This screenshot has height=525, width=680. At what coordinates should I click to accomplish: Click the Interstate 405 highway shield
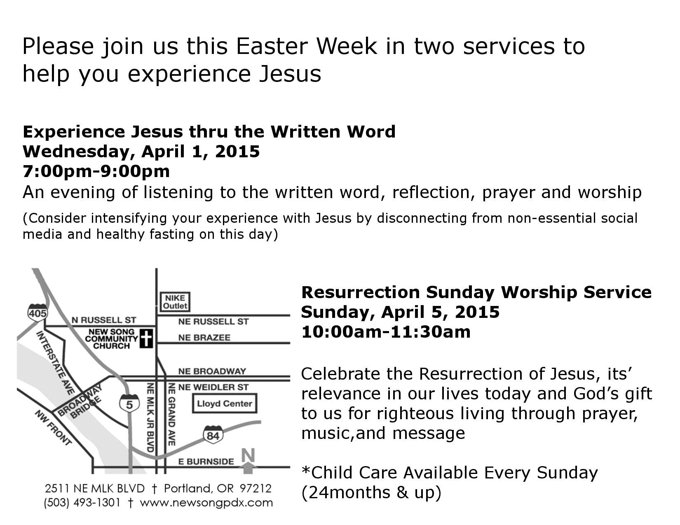(38, 312)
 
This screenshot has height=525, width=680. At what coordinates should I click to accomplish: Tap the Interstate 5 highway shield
(129, 404)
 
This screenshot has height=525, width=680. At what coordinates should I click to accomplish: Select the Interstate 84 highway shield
(213, 435)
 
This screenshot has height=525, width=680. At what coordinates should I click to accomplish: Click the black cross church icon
(146, 338)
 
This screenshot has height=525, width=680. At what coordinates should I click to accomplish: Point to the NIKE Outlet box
(175, 302)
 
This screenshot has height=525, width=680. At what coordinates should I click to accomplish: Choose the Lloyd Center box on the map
(224, 404)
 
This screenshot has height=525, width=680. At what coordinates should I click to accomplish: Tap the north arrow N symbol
(248, 461)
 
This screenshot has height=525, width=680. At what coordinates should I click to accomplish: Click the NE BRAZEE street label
(204, 337)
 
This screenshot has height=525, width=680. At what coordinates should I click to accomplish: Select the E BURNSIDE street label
(206, 462)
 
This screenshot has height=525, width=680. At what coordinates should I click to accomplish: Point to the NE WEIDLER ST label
(213, 387)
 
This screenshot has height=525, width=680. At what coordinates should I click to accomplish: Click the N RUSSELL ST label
(104, 320)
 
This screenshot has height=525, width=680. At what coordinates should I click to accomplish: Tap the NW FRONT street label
(53, 427)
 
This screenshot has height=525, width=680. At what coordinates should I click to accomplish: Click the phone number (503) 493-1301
(82, 502)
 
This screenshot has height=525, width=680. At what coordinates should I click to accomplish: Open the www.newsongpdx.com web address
(206, 503)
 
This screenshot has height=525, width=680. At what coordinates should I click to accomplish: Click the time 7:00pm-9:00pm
(96, 171)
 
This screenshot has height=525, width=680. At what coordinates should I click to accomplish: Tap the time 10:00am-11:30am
(386, 331)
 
